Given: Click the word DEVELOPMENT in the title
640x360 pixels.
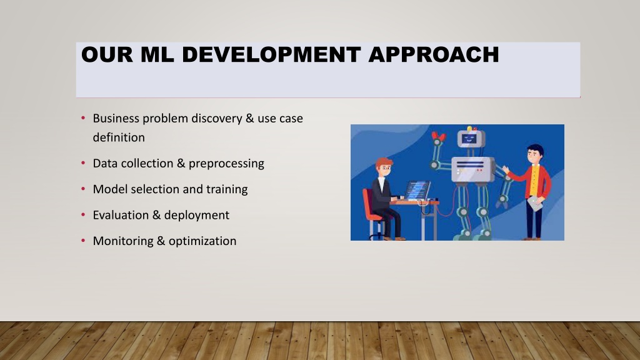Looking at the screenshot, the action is pyautogui.click(x=271, y=55).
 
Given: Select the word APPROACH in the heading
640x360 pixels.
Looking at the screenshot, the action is pyautogui.click(x=434, y=55).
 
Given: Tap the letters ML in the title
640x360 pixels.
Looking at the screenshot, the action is pyautogui.click(x=157, y=55).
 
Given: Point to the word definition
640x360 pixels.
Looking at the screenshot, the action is pyautogui.click(x=119, y=137).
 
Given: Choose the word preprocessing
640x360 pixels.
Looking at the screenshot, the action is pyautogui.click(x=226, y=164).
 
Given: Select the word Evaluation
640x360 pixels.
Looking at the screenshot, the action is pyautogui.click(x=121, y=215).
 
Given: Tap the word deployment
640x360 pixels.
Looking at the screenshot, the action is pyautogui.click(x=197, y=216).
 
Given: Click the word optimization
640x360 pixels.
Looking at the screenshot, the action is pyautogui.click(x=202, y=241).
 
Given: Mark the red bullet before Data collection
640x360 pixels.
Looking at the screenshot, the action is pyautogui.click(x=83, y=163).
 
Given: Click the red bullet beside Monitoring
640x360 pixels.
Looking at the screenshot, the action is pyautogui.click(x=83, y=241).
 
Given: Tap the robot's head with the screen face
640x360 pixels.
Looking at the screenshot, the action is pyautogui.click(x=470, y=138).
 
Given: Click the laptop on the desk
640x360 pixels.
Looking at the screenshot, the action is pyautogui.click(x=417, y=191).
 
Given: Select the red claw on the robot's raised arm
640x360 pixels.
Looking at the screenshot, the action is pyautogui.click(x=438, y=137).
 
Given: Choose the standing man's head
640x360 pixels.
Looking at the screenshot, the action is pyautogui.click(x=534, y=154).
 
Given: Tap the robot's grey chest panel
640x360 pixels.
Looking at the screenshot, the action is pyautogui.click(x=472, y=169).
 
